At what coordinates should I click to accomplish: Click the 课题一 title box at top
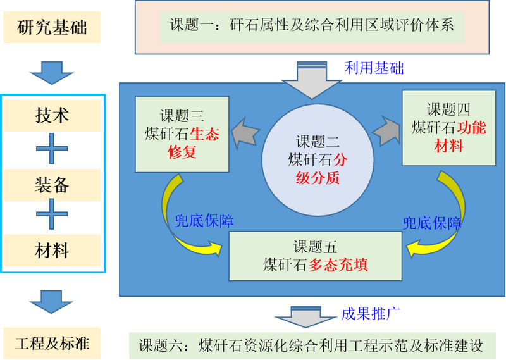[312, 26]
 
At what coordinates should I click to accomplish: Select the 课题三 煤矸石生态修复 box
[182, 134]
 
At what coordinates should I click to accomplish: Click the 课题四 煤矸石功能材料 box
[448, 127]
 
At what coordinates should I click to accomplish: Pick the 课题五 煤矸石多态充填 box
[316, 255]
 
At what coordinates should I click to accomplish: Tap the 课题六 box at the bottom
[311, 346]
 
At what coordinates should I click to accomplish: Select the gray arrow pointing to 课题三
[245, 132]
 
